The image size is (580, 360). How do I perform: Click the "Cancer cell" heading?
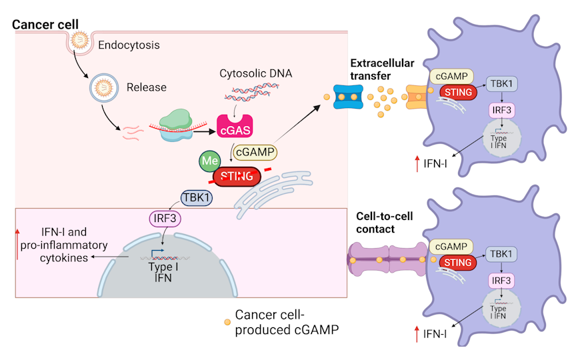tap(45, 25)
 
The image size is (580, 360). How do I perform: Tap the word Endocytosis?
tap(129, 45)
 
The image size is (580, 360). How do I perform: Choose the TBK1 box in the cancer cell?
tap(197, 198)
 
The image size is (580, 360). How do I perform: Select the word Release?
tap(146, 87)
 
